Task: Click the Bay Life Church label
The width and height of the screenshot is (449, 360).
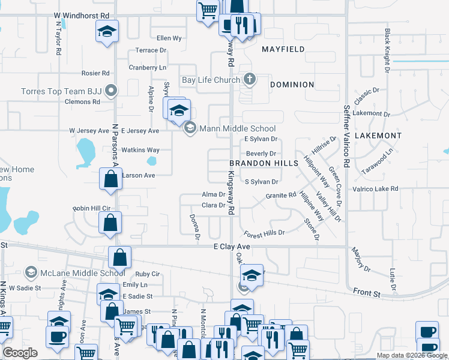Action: (x=211, y=80)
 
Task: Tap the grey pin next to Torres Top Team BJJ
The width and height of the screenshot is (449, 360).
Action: (x=110, y=92)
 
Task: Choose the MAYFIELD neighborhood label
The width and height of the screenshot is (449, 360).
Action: (x=283, y=49)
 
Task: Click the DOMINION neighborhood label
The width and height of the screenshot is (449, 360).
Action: (x=292, y=85)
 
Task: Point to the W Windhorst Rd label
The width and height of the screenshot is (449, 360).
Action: (x=82, y=14)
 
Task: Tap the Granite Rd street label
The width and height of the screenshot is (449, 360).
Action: (x=281, y=196)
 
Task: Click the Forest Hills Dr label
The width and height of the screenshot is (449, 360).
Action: (x=264, y=232)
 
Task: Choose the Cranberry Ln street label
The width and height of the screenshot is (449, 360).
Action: (x=147, y=68)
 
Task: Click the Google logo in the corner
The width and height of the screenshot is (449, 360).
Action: (x=20, y=353)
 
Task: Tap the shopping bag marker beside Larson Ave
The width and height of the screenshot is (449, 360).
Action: (x=110, y=179)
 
